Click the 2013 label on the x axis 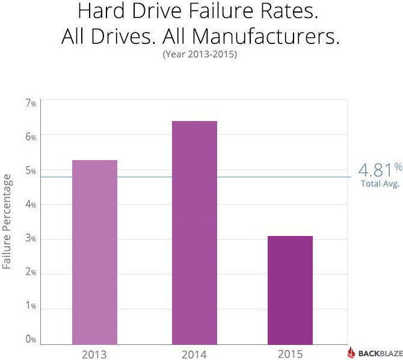coord(94,353)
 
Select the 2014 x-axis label coord(194,353)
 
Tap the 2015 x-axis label coord(290,353)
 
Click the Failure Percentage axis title coord(7,222)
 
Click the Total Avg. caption coord(380,184)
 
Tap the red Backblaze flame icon coord(354,353)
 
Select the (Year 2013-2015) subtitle coord(202,55)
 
